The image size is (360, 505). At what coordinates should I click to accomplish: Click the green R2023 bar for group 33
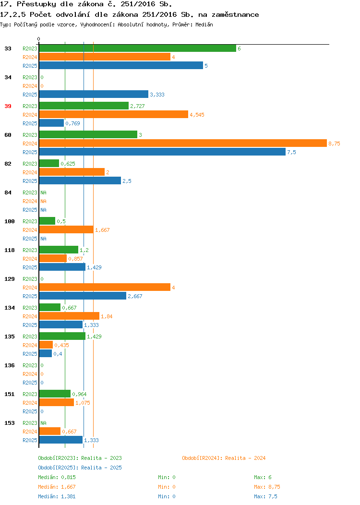[x=137, y=48]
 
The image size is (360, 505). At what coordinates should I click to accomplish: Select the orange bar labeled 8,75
[x=183, y=144]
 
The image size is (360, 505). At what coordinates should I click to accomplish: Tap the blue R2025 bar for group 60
[x=162, y=152]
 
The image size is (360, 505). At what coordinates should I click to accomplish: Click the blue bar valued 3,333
[x=94, y=95]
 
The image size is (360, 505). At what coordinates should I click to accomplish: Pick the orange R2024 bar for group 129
[x=105, y=287]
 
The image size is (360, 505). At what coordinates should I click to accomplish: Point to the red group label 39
[x=8, y=106]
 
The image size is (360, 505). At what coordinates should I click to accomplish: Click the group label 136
[x=9, y=365]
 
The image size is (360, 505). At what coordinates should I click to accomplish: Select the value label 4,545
[x=197, y=115]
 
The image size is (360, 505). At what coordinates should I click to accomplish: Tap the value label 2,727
[x=137, y=106]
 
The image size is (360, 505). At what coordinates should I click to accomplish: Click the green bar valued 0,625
[x=49, y=163]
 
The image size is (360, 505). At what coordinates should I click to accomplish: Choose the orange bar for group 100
[x=66, y=229]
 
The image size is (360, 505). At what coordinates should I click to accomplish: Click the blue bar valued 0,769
[x=51, y=123]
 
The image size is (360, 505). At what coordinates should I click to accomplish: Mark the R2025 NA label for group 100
[x=44, y=239]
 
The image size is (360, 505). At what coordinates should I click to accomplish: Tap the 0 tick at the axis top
[x=39, y=39]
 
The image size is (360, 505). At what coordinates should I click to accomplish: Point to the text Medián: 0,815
[x=57, y=477]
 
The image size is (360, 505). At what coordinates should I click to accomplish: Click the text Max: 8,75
[x=267, y=487]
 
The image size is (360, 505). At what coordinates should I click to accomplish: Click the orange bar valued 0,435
[x=46, y=345]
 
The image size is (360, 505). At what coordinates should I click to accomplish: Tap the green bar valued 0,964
[x=55, y=394]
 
